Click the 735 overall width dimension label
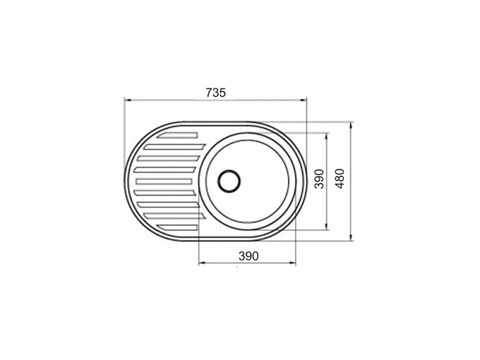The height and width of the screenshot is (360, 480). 216,93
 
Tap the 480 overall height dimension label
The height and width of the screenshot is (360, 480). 340,179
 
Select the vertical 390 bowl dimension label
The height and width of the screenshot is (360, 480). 319,179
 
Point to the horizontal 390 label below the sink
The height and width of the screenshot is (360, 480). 248,256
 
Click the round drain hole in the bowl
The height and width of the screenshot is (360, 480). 229,181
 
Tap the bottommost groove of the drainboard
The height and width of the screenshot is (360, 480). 177,227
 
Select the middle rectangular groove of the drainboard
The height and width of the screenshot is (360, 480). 164,181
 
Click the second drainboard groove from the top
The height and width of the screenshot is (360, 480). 175,147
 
